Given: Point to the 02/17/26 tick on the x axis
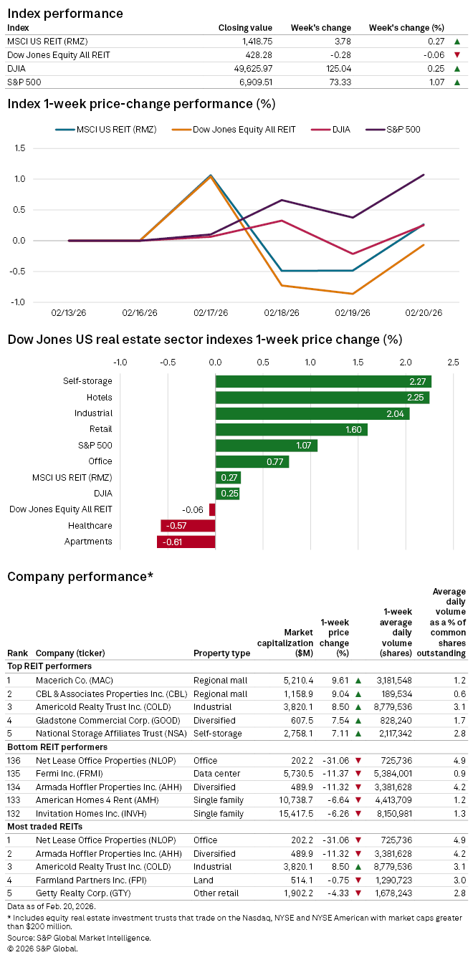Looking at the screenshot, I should (211, 313).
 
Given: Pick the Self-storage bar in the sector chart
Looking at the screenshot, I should (323, 381).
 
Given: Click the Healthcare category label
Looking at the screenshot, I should (92, 526).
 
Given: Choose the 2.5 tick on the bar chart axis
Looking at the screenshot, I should (452, 363).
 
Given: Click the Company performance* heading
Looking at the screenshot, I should (80, 576).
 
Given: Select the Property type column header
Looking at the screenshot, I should (221, 653).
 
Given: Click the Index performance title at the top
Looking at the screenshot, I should (65, 14).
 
